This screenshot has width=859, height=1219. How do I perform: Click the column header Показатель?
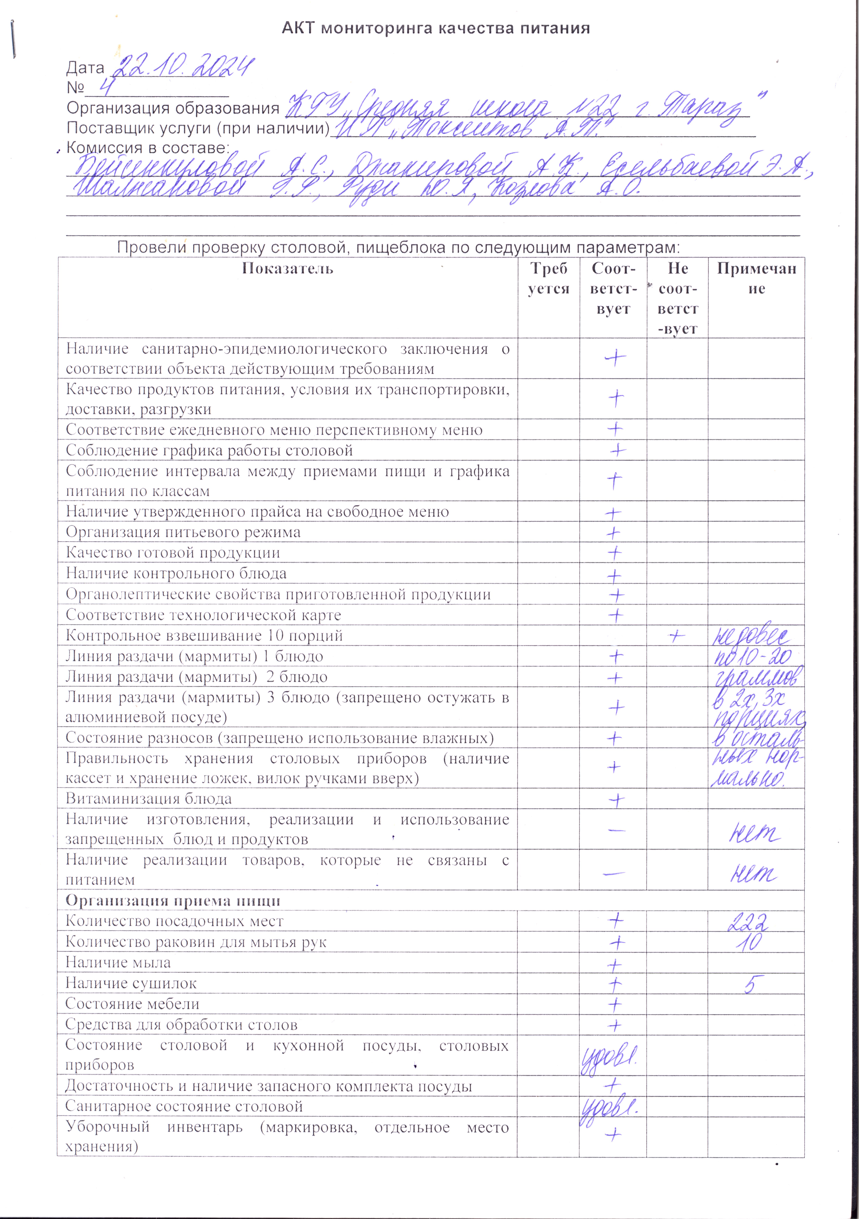pyautogui.click(x=287, y=269)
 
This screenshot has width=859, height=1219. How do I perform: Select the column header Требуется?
pyautogui.click(x=548, y=279)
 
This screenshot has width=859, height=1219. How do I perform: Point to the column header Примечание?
pyautogui.click(x=756, y=279)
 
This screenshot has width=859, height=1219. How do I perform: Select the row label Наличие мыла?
pyautogui.click(x=118, y=963)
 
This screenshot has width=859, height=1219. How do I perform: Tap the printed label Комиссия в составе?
pyautogui.click(x=148, y=148)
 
